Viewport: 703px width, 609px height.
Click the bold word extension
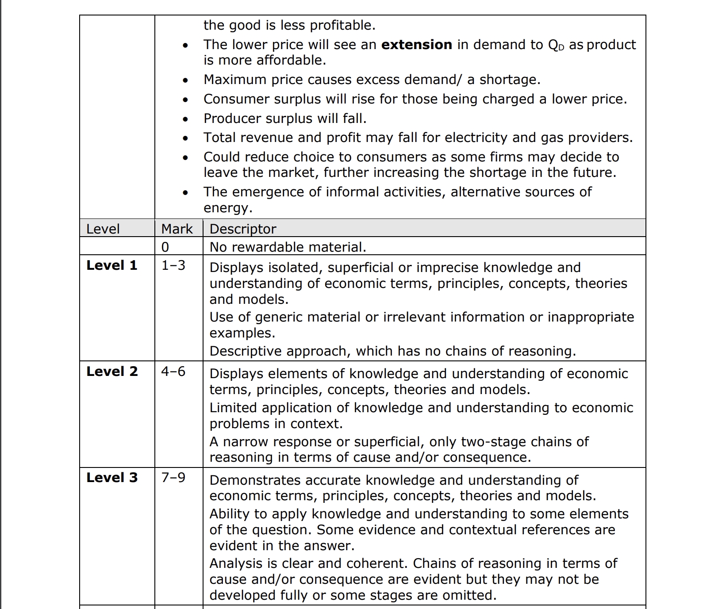416,45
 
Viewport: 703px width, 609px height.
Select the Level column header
103,229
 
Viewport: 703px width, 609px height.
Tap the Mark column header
177,229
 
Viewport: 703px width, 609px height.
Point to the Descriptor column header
242,229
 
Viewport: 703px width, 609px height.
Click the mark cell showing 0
165,247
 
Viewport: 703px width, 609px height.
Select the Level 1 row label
112,265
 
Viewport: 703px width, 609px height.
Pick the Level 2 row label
112,372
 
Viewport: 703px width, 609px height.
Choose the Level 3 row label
112,478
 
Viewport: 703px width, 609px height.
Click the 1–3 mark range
173,265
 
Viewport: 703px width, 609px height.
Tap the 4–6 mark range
173,372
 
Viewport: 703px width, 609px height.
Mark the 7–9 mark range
173,478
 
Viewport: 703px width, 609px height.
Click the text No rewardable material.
288,247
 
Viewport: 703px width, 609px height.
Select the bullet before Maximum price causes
185,80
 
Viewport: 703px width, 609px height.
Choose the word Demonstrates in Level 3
255,480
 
